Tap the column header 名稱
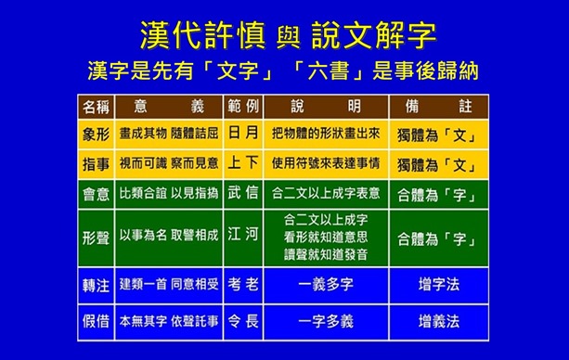click(96, 103)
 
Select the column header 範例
click(243, 103)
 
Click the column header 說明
click(325, 103)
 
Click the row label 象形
click(96, 134)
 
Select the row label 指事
click(96, 164)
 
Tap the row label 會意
click(96, 195)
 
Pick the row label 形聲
click(96, 237)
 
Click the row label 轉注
click(96, 282)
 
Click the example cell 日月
click(243, 134)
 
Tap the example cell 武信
click(243, 195)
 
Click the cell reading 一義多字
click(325, 282)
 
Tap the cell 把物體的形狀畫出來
click(325, 134)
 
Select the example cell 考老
click(243, 282)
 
